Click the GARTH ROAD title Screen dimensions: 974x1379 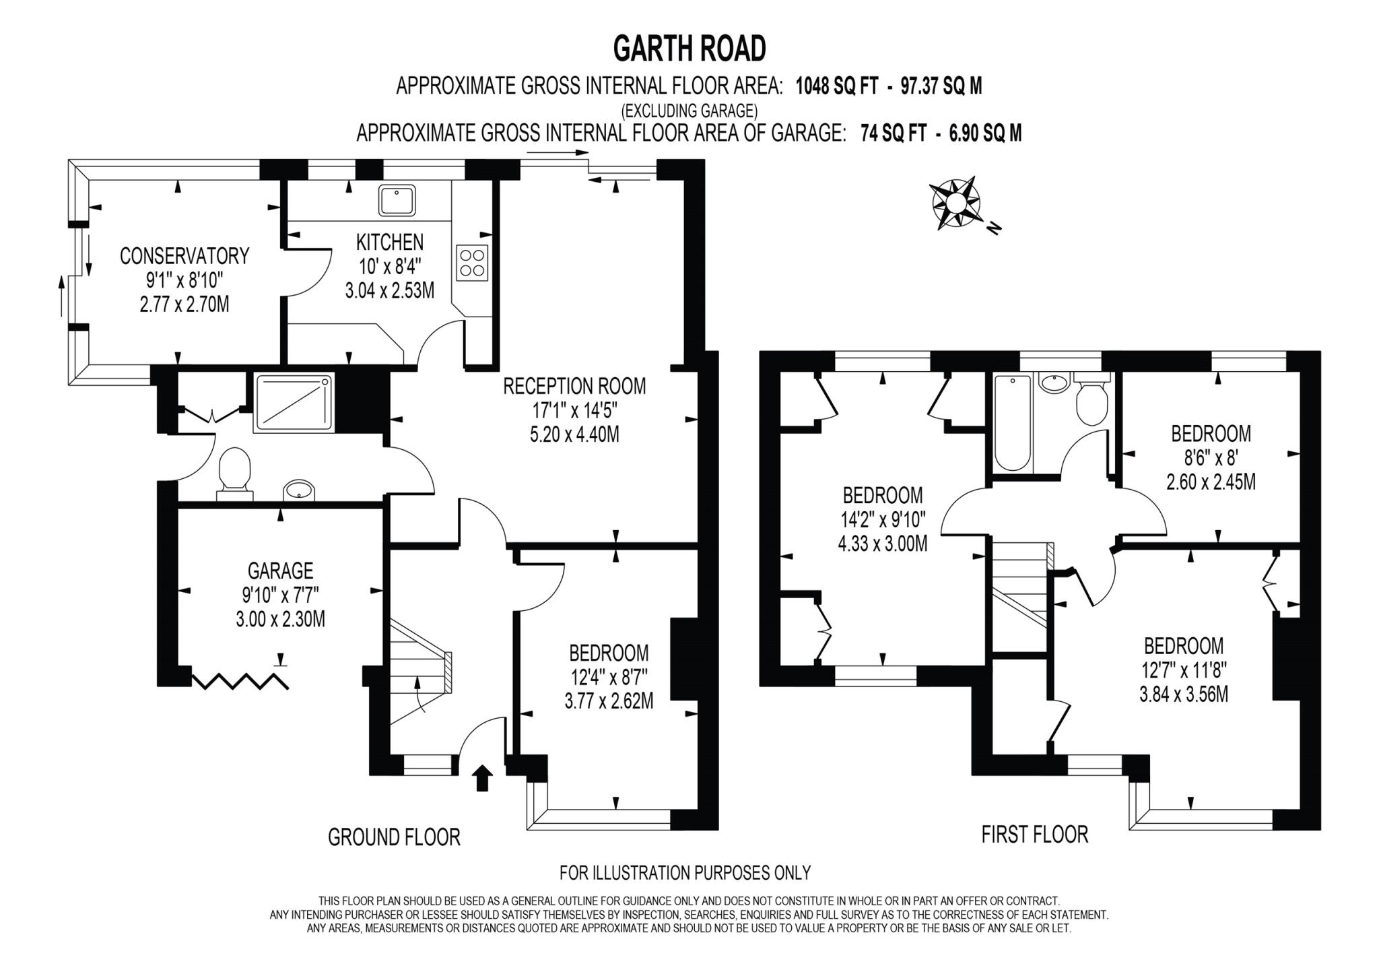689,48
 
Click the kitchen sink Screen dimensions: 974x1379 397,200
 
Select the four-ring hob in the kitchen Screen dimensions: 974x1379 473,263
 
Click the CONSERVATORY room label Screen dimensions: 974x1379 184,256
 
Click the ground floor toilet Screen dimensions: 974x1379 234,471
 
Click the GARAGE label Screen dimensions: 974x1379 280,571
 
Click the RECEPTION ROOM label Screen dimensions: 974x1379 574,387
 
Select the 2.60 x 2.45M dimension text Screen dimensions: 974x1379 1211,482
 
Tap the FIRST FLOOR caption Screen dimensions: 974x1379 1034,835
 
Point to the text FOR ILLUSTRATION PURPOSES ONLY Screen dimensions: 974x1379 685,873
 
